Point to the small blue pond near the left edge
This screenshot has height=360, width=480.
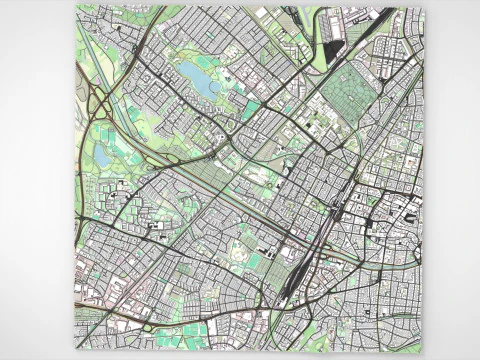click(103, 157)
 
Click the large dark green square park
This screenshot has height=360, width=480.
click(348, 94)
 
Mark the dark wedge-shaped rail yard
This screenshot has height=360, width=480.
click(290, 280)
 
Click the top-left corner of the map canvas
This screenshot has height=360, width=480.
click(75, 6)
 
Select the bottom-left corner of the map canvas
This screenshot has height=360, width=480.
click(75, 352)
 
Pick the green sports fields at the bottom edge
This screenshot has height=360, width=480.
click(196, 330)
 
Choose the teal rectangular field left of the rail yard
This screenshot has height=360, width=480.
click(255, 261)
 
